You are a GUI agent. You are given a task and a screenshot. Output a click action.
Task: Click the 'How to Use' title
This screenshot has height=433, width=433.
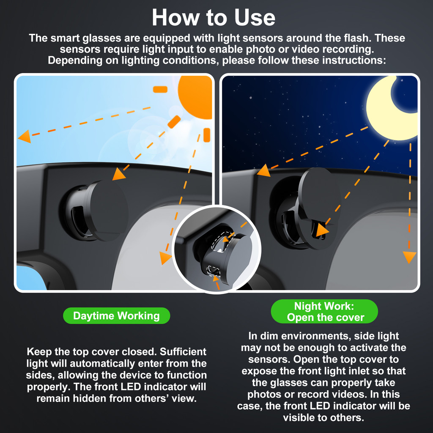[214, 18]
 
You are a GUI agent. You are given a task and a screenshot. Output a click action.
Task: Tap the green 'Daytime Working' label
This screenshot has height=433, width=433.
[117, 315]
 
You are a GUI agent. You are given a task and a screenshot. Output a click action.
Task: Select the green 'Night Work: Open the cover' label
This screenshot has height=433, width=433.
[324, 312]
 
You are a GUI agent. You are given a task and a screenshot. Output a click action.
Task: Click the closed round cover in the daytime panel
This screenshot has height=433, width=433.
[108, 211]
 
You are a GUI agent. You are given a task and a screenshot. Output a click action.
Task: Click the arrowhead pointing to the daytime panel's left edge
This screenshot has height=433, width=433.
[24, 137]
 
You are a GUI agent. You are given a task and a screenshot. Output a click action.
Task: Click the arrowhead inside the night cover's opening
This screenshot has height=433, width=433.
[322, 230]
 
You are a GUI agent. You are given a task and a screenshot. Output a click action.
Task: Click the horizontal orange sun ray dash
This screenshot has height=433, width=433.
[160, 90]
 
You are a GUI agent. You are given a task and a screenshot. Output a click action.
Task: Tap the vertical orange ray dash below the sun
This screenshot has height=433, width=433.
[207, 135]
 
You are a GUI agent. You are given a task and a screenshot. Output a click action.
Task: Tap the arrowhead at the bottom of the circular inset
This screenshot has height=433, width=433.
[216, 278]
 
